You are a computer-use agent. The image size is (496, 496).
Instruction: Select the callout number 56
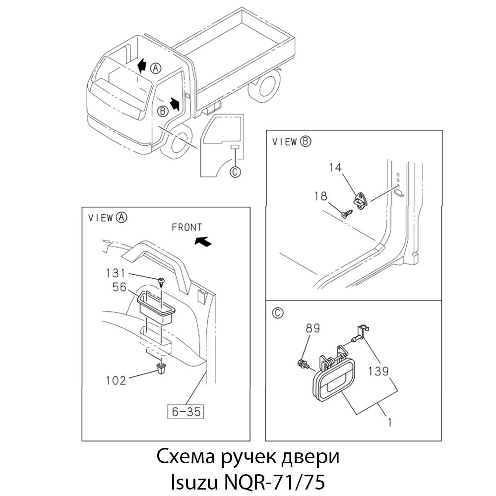point(120,287)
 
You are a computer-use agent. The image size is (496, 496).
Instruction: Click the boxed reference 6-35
point(186,411)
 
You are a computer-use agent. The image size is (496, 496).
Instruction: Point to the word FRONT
point(186,228)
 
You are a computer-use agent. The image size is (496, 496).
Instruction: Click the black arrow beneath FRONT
point(202,241)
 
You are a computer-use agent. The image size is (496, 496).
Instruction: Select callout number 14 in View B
point(335,168)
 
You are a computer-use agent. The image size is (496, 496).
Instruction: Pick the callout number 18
point(320,196)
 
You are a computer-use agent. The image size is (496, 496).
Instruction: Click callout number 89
point(313,328)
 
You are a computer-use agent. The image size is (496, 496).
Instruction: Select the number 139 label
point(378,371)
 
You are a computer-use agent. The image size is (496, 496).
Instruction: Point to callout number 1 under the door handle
point(390,423)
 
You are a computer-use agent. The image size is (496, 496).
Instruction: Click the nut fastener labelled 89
point(302,365)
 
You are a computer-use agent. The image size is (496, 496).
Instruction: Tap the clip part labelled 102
point(161,368)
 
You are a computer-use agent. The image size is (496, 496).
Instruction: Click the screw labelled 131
point(161,281)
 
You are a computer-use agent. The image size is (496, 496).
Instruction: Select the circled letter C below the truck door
point(236,172)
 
